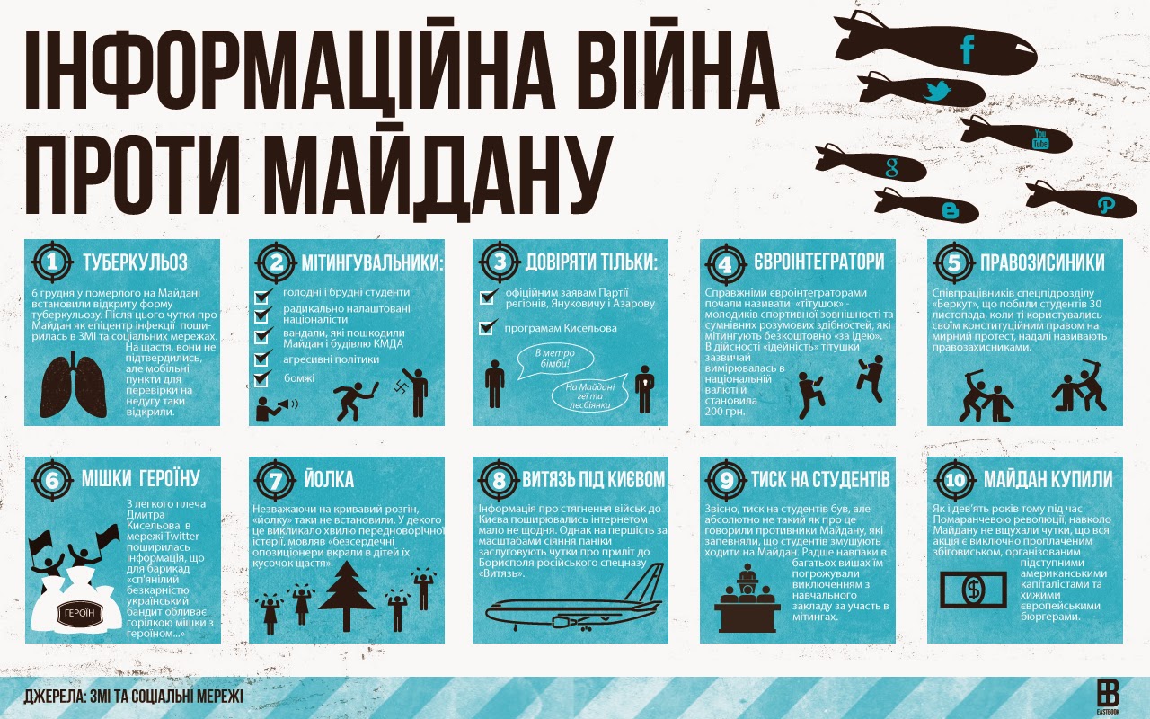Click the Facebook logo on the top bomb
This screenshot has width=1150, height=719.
pyautogui.click(x=968, y=49)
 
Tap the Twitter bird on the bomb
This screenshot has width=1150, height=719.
pyautogui.click(x=937, y=91)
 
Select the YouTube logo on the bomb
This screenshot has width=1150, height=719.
pyautogui.click(x=1040, y=139)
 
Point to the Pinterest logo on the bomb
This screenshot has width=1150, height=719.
pyautogui.click(x=1105, y=206)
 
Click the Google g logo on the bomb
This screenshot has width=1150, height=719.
pyautogui.click(x=892, y=168)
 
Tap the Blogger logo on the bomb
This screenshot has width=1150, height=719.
pyautogui.click(x=951, y=210)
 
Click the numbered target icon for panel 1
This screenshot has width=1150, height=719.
pyautogui.click(x=52, y=262)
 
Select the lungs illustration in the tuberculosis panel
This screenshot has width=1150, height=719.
pyautogui.click(x=74, y=385)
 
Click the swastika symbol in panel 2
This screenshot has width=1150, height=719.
pyautogui.click(x=401, y=386)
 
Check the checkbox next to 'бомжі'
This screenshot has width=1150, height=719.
pyautogui.click(x=262, y=378)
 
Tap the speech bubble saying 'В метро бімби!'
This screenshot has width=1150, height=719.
pyautogui.click(x=555, y=360)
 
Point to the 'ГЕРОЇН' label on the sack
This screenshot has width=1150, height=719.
pyautogui.click(x=80, y=613)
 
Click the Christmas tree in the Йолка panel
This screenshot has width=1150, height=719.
pyautogui.click(x=347, y=596)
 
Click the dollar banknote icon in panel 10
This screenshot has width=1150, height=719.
pyautogui.click(x=973, y=590)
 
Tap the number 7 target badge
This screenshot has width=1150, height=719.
pyautogui.click(x=276, y=481)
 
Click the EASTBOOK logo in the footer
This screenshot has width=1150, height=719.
pyautogui.click(x=1108, y=697)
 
